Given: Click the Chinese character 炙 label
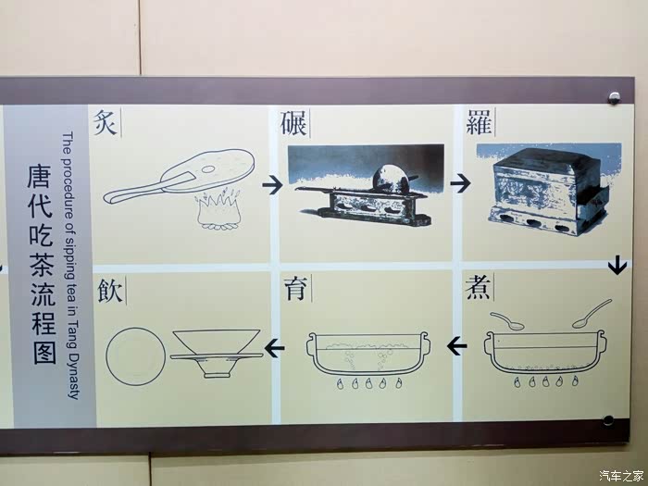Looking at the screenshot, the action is tap(105, 122).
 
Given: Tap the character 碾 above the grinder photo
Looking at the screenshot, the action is tap(293, 123).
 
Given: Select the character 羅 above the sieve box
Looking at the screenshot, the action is tap(479, 122).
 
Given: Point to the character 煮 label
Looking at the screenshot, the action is tap(478, 287).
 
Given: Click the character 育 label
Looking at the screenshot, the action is tap(296, 289).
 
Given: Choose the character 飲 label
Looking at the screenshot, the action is tap(111, 291).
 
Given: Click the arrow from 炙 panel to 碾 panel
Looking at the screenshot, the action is tap(272, 185).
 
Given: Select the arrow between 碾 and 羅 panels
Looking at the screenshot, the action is tap(460, 182).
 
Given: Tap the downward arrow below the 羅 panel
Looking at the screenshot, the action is tap(617, 265).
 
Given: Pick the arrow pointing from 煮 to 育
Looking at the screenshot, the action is tap(457, 345).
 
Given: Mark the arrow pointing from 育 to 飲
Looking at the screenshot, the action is tap(274, 347).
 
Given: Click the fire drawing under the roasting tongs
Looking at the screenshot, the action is tap(218, 208).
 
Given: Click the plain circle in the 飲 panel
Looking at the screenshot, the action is tap(135, 356).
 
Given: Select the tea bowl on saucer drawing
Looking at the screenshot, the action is tap(216, 354).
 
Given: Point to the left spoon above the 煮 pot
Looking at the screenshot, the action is tap(506, 321).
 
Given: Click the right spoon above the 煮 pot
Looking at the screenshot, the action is tap(592, 314).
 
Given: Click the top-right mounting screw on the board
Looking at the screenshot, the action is tap(614, 98).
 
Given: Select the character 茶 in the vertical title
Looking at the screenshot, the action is tap(43, 263).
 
